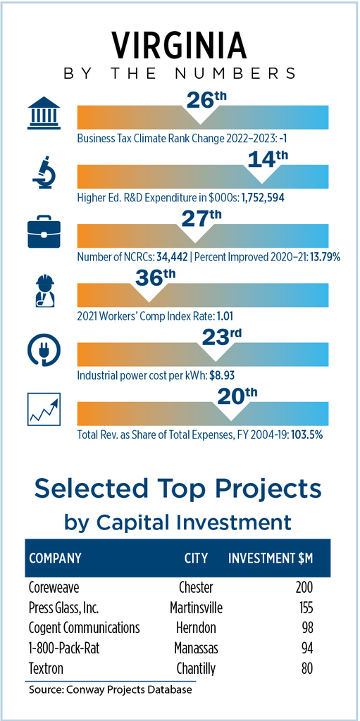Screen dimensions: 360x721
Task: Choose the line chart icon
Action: [x=44, y=409]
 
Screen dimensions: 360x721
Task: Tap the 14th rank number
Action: [x=268, y=160]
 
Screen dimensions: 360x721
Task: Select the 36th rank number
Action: [x=149, y=277]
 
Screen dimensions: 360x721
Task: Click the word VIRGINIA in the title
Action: [x=179, y=46]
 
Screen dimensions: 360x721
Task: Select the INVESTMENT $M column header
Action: [x=271, y=558]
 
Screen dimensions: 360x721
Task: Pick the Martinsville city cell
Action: [x=196, y=608]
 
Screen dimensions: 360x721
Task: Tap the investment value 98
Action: [x=307, y=627]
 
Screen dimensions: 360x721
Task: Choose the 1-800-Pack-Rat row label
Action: [x=64, y=648]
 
